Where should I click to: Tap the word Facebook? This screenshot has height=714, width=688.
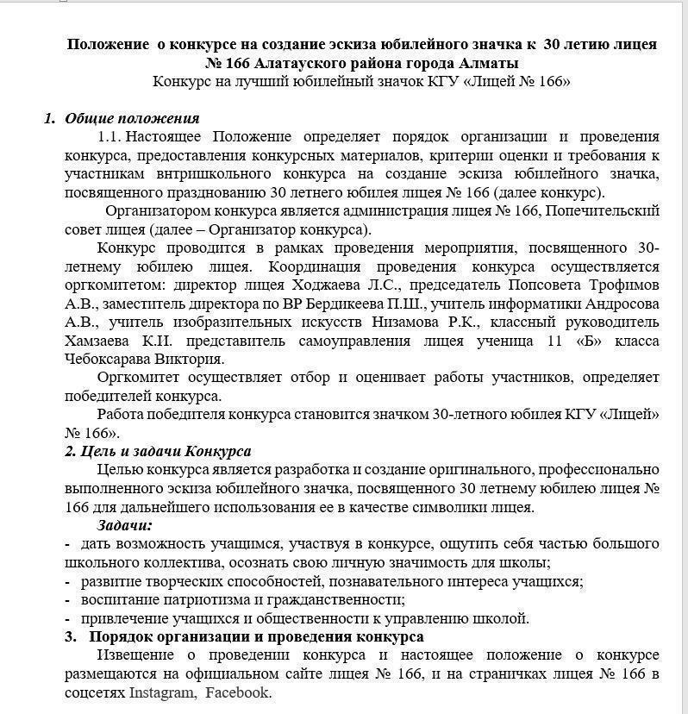click(x=237, y=692)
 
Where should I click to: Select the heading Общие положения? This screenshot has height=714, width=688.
click(x=132, y=118)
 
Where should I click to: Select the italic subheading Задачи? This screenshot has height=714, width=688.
click(x=124, y=525)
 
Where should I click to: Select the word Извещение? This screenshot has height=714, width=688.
click(x=139, y=655)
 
